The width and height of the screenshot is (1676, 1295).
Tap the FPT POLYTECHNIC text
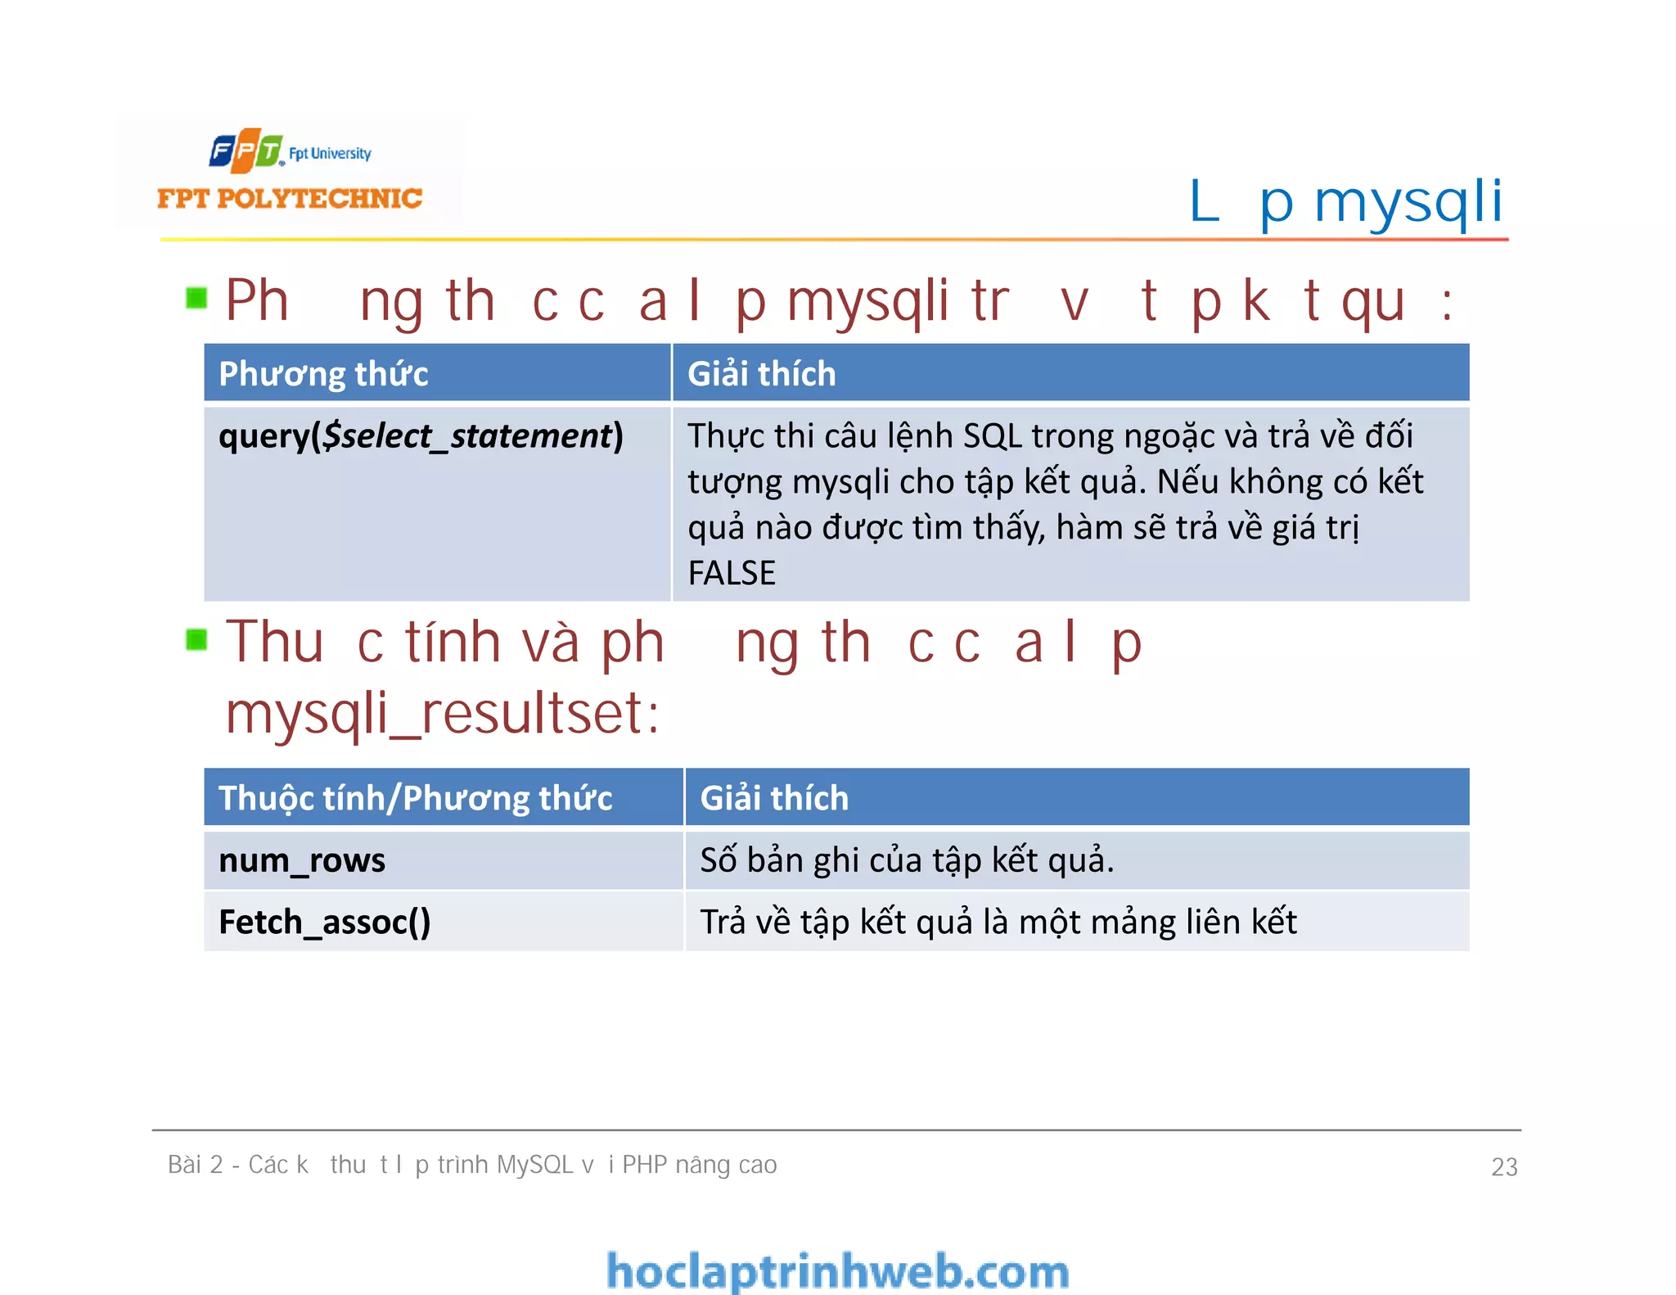pos(290,198)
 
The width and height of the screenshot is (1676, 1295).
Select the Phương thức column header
pos(323,374)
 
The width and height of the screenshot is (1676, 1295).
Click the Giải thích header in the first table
pos(761,374)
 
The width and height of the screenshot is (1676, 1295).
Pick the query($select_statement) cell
pos(421,436)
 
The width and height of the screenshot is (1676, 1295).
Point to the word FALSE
pos(732,573)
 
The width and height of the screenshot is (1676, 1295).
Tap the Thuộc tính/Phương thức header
pos(415,798)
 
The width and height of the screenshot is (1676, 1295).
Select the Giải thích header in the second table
pos(774,798)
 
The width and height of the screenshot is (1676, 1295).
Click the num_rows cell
pos(302,860)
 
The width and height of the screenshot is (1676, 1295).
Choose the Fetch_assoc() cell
pos(324,923)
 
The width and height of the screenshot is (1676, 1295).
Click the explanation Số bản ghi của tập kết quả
pos(907,860)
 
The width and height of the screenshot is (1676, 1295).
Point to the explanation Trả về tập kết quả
pos(998,923)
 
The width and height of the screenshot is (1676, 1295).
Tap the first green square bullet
pos(196,298)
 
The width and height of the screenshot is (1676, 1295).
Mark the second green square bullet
pos(196,639)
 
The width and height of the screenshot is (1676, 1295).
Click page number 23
pos(1504,1166)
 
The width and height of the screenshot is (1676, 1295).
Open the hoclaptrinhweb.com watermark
pos(838,1271)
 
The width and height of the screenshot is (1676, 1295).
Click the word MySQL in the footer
pos(534,1165)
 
